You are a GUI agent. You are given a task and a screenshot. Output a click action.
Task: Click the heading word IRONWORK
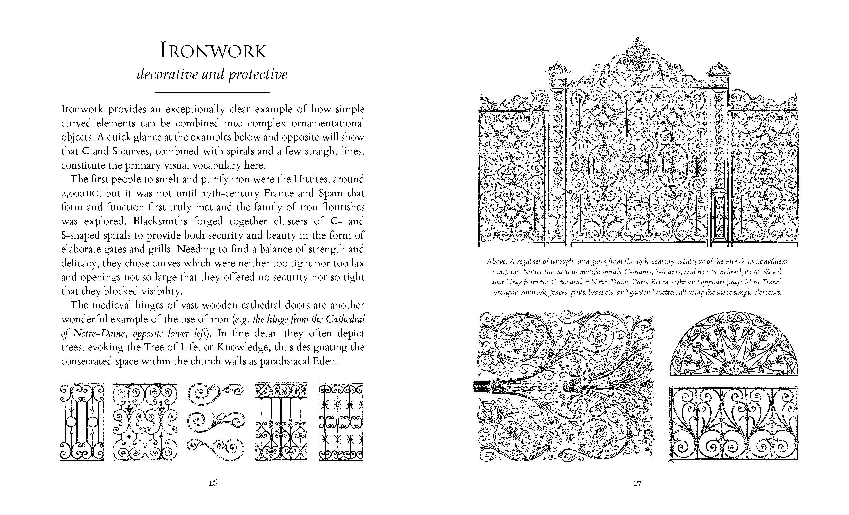213,51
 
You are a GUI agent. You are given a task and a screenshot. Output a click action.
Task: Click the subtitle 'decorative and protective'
212,74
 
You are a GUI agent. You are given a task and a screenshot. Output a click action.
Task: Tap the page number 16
213,483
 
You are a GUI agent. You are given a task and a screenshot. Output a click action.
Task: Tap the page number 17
637,484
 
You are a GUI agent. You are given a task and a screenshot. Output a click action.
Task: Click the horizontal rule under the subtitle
212,93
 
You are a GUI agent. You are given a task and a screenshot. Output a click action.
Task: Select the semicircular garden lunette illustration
734,344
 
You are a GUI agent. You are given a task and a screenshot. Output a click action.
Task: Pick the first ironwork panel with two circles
82,422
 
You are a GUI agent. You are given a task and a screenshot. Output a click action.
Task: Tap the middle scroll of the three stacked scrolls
216,422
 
